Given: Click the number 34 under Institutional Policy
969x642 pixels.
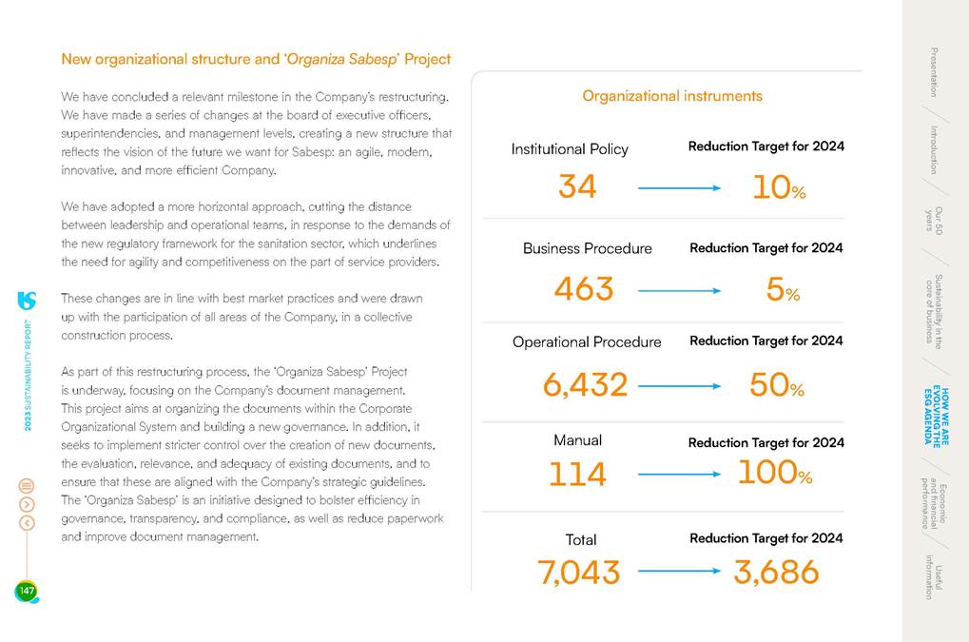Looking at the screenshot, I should (576, 186).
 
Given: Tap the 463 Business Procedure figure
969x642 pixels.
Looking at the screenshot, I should (583, 288).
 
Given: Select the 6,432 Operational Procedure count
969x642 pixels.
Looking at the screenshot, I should (585, 384).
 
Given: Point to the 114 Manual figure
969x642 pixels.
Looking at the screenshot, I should (577, 474).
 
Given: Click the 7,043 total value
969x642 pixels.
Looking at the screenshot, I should (578, 572).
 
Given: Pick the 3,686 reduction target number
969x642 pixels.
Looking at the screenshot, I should (776, 572).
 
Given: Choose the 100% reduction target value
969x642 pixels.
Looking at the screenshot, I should (775, 472).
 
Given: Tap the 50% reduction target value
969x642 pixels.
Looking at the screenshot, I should (777, 384).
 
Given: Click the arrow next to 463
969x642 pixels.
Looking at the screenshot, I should (679, 289).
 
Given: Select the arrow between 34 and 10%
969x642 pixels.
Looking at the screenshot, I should (679, 188).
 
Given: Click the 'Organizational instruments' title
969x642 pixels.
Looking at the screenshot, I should (672, 96).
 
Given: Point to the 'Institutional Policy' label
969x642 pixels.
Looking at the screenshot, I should (570, 149).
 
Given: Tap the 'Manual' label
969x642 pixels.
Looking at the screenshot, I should (577, 440).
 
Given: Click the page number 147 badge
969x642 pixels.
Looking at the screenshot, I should (26, 592).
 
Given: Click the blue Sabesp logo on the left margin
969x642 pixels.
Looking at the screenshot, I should (27, 301).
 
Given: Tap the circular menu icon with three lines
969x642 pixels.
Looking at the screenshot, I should (27, 485).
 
